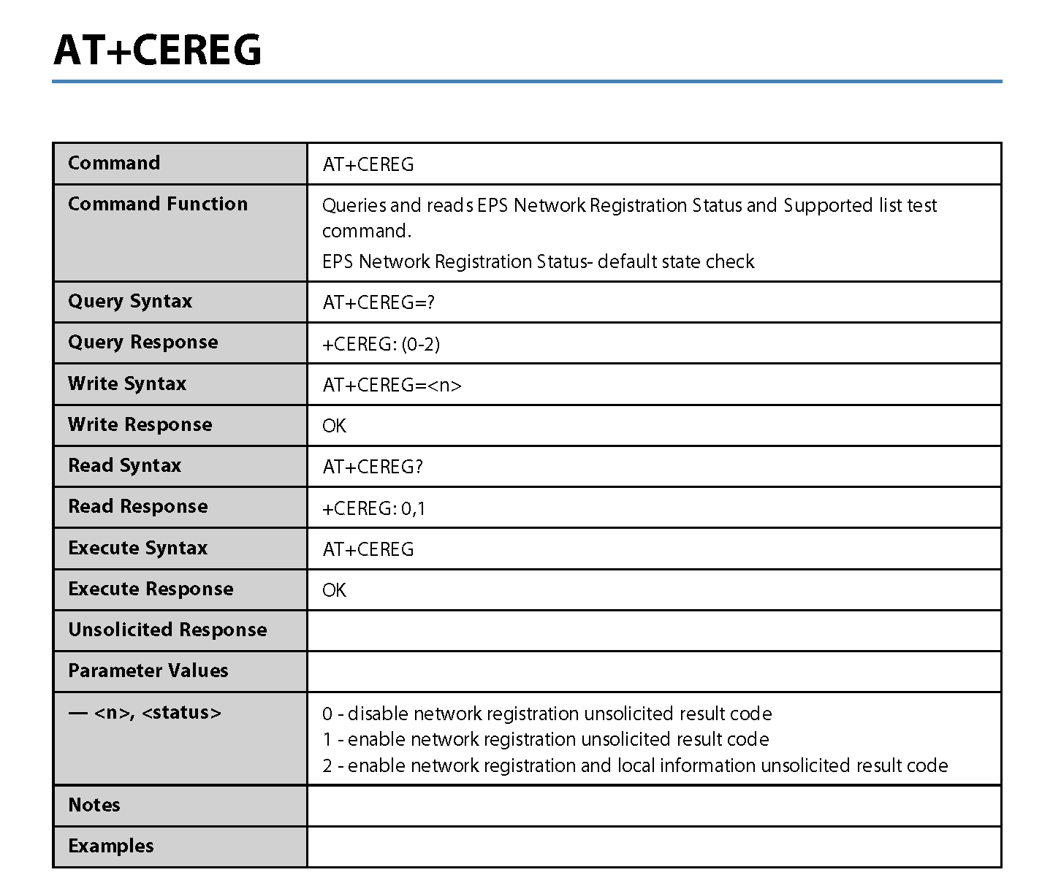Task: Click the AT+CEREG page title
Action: (157, 50)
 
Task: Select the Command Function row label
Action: (158, 204)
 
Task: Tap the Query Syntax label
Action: (130, 301)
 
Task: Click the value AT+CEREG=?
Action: (379, 302)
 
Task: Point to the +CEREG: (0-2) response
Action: (381, 344)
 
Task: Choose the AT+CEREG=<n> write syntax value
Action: (392, 385)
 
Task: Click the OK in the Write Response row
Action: (334, 426)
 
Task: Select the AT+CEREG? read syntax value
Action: (373, 467)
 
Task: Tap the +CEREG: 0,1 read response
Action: (374, 508)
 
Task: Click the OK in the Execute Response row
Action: (334, 590)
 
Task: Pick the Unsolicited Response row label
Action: (167, 630)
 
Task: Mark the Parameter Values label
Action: (148, 670)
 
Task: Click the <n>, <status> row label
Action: (145, 713)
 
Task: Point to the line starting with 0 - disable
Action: (547, 714)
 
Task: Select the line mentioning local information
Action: (635, 765)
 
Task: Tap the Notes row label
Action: (94, 805)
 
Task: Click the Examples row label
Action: (111, 846)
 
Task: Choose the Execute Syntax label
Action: (138, 548)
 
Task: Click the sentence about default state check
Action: (538, 261)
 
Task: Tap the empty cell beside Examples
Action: (654, 847)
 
